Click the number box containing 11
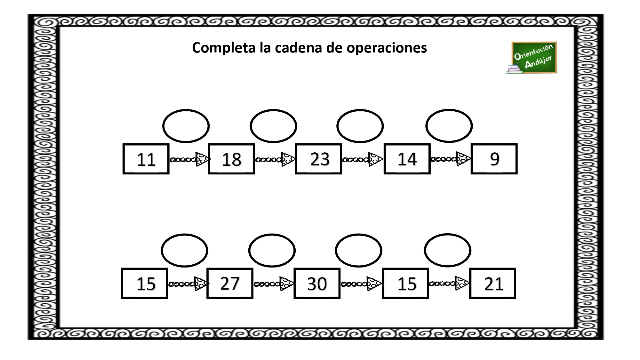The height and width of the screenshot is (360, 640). coord(146,159)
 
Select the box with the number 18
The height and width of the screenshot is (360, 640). coord(231,159)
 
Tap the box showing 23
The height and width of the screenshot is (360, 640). coord(319,159)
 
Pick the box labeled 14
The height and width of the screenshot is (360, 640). coord(407,159)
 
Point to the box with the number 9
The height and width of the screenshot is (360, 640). coord(494,159)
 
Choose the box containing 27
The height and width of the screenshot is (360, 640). coord(230,284)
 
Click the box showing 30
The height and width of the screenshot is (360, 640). coord(317,284)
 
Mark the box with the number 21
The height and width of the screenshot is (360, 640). coord(492,284)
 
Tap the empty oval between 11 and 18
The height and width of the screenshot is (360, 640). coord(186,110)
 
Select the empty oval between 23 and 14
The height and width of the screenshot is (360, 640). coord(360,110)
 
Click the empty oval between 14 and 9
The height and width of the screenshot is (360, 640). coord(449,110)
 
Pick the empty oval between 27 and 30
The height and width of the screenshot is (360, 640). coord(272,235)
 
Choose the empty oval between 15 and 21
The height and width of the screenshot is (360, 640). coord(448,234)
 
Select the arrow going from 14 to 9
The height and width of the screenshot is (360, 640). coord(451,159)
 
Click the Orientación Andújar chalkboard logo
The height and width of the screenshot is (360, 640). coord(532,58)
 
